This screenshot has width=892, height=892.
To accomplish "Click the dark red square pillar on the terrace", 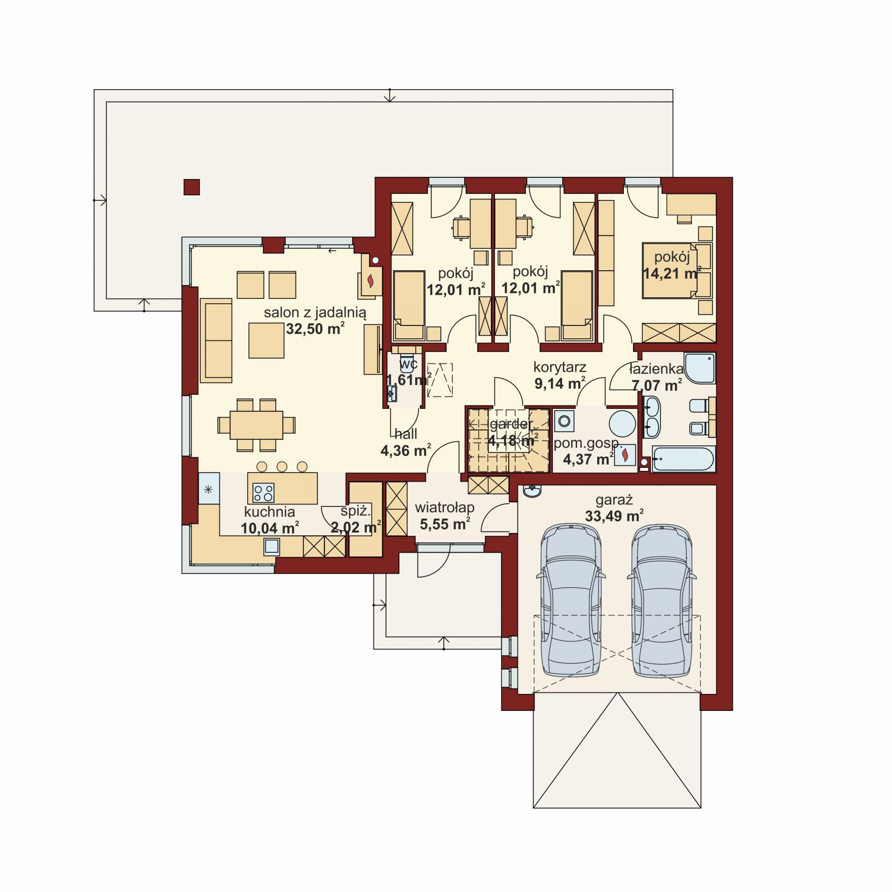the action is point(192,187).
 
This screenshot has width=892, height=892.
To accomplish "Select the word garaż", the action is point(614,500).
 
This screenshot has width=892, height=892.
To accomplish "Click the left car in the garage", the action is point(570,600).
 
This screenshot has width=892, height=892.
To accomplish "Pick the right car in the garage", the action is point(662,600).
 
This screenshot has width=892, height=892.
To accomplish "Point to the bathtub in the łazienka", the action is point(683,459).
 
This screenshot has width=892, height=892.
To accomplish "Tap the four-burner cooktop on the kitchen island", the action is point(263,493).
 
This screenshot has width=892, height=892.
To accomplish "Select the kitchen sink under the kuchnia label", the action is point(271,546).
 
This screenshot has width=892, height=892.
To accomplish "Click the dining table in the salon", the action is point(256,425).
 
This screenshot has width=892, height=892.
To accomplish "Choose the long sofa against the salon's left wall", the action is point(216,340).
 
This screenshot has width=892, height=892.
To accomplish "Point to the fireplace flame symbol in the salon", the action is point(371,281).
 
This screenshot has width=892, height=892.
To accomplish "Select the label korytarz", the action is point(560,367).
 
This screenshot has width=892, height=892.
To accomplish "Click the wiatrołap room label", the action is point(444,508).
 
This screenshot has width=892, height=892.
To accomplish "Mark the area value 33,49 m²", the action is point(614,516).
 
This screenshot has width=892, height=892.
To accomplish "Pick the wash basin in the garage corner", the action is point(532,491).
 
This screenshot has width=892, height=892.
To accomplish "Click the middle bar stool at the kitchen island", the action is point(282,467).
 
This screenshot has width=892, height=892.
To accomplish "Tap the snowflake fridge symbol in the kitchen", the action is point(209,489).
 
